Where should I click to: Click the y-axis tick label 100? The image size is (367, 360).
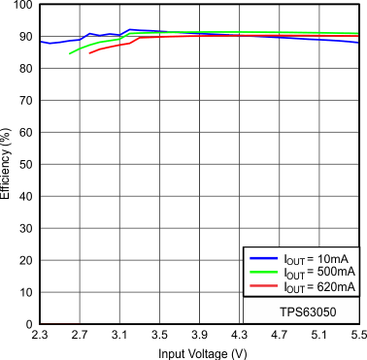tap(21, 6)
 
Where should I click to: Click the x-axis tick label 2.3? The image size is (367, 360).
tap(40, 336)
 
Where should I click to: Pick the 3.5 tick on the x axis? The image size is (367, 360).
tap(159, 336)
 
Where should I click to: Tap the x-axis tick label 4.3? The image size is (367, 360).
tap(239, 336)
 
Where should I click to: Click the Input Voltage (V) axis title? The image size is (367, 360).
tap(199, 352)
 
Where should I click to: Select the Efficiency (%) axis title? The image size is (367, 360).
tap(7, 165)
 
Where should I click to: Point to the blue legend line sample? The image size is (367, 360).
tap(263, 259)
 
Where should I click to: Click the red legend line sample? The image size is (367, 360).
tap(263, 288)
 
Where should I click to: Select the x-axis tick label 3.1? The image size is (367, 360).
tap(119, 336)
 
